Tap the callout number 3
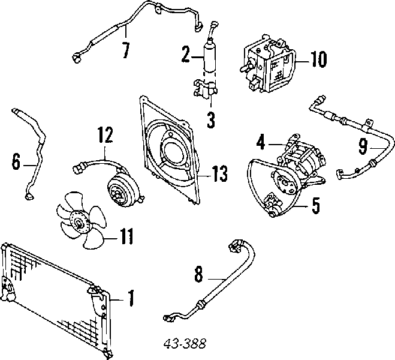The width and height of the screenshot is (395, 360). point(210,119)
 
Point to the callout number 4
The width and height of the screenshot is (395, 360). point(260,143)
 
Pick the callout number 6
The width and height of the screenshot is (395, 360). point(16,161)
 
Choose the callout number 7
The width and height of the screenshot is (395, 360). point(125,50)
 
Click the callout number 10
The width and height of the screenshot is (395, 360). point(318,59)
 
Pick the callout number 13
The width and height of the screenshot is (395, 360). point(219,174)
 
